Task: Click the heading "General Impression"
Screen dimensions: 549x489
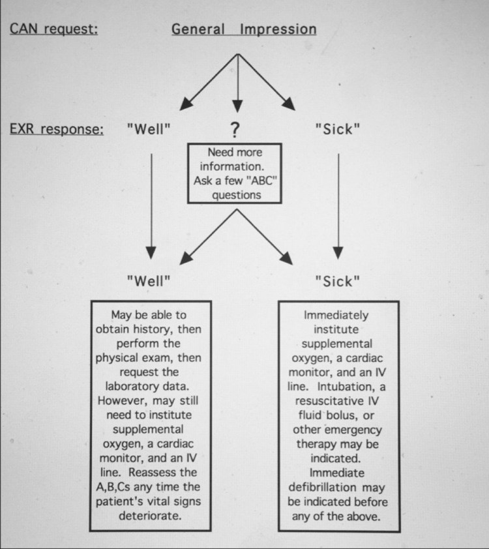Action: (244, 29)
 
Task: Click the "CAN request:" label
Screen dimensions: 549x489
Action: (53, 29)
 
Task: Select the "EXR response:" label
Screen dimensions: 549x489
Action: (56, 129)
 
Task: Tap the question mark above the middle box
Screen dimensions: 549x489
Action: (235, 130)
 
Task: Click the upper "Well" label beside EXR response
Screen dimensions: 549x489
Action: (149, 129)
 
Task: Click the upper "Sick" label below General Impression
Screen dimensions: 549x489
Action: (337, 129)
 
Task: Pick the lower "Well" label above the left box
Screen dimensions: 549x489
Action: (149, 281)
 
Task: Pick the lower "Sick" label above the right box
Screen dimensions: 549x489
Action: (337, 281)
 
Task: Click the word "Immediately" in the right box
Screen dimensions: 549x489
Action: (336, 315)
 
